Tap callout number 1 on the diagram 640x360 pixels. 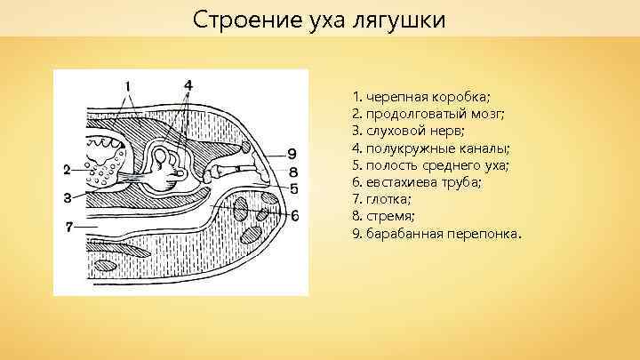(130, 86)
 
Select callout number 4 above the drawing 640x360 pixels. (188, 84)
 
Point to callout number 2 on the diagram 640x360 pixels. (67, 169)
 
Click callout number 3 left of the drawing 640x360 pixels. (67, 197)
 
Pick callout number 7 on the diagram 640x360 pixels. (68, 227)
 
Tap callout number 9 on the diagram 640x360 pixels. (292, 153)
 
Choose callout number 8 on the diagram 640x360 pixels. (292, 171)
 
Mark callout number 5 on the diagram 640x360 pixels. (293, 188)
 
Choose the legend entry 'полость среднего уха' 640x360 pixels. (419, 165)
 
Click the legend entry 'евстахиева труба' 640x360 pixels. (405, 182)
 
